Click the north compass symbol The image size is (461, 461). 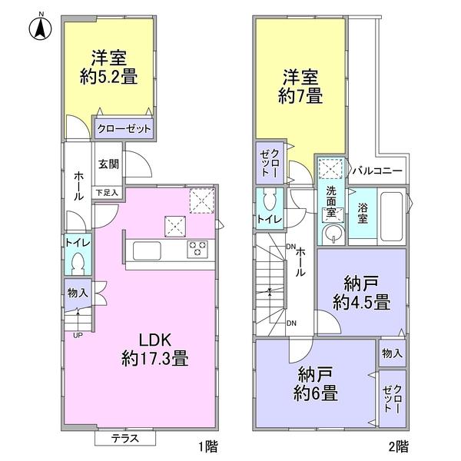[38, 28]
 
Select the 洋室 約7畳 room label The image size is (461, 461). [300, 85]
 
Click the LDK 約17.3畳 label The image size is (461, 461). [155, 349]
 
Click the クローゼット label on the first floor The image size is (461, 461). [124, 129]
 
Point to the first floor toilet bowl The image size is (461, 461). [78, 264]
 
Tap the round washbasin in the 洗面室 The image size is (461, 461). [332, 234]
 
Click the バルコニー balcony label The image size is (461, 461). [377, 171]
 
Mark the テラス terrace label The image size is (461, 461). [125, 439]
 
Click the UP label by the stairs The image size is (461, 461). [78, 334]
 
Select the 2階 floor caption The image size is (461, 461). [397, 445]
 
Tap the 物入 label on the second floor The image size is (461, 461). [391, 353]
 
